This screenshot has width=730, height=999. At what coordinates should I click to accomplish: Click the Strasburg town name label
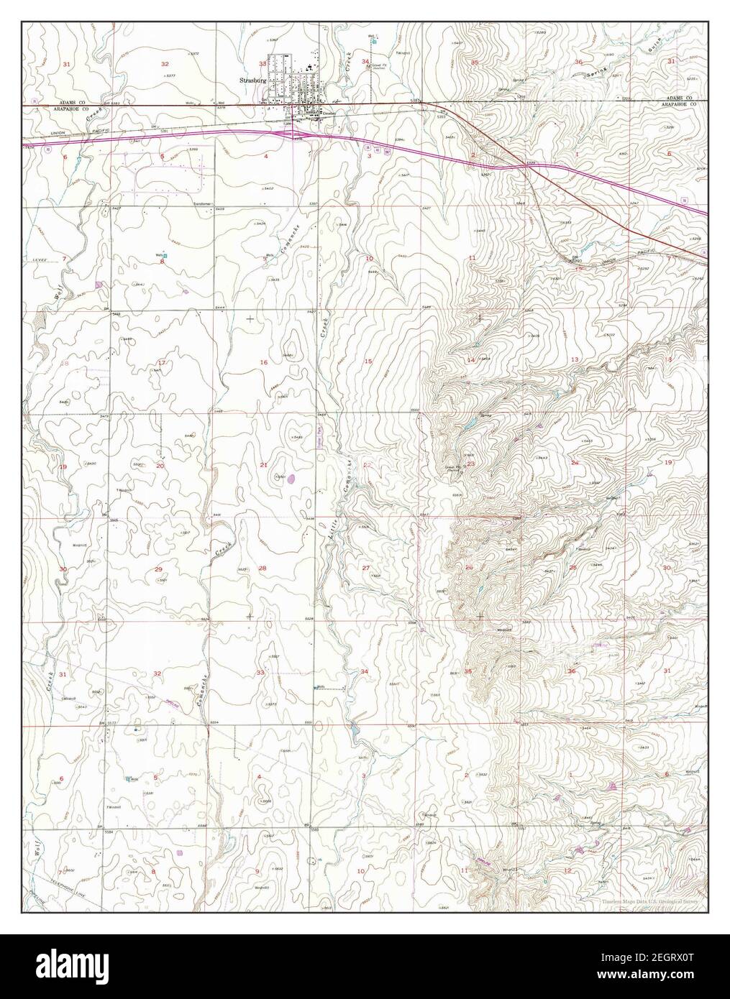tap(251, 81)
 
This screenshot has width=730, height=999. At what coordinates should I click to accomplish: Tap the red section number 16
tap(263, 362)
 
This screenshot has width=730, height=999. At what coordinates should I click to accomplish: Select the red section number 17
tap(162, 362)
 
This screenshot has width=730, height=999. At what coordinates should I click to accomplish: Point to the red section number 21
tap(263, 465)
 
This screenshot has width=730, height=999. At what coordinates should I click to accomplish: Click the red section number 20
tap(160, 466)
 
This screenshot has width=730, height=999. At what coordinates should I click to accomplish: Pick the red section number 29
tap(158, 569)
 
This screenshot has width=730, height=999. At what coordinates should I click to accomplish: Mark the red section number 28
tap(263, 568)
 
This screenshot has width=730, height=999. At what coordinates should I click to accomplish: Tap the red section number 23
tap(471, 464)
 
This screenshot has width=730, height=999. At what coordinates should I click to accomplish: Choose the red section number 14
tap(470, 360)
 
